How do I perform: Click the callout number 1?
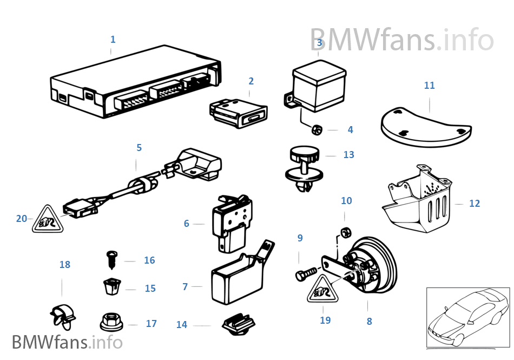[x=113, y=40]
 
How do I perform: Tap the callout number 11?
[x=429, y=86]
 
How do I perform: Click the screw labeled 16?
[x=112, y=259]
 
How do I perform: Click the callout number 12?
[x=475, y=204]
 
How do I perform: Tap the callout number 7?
[x=185, y=287]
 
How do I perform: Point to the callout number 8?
[x=369, y=321]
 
